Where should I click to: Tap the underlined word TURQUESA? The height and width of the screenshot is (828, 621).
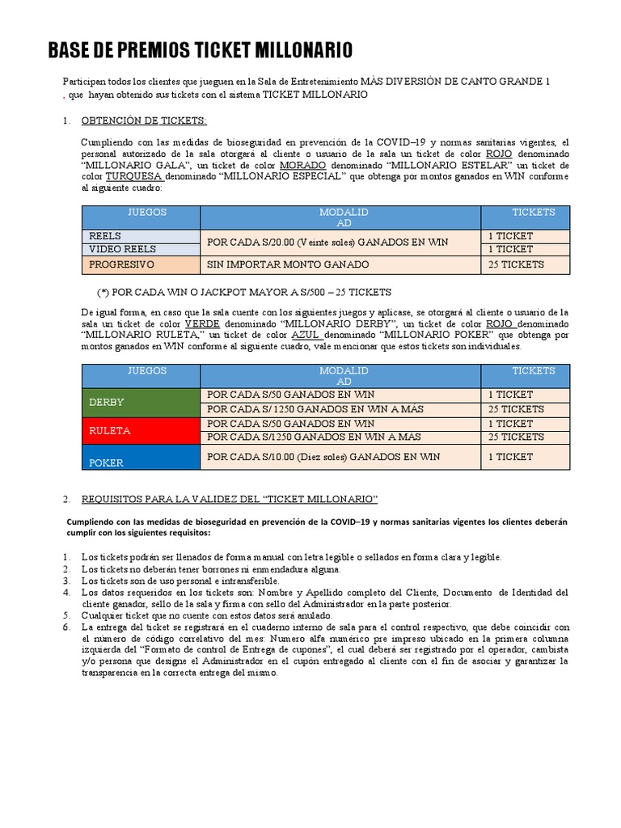[134, 176]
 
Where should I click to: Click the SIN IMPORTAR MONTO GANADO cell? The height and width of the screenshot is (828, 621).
[340, 264]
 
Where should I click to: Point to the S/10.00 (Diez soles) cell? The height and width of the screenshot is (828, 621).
[340, 457]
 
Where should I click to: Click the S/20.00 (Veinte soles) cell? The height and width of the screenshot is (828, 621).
[340, 242]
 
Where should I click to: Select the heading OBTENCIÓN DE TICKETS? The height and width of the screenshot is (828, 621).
[144, 121]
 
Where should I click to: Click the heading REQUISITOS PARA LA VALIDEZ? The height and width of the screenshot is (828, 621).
[229, 499]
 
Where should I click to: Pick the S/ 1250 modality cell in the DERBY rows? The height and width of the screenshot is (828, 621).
[340, 409]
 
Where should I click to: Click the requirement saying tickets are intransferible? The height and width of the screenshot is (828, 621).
[180, 581]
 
